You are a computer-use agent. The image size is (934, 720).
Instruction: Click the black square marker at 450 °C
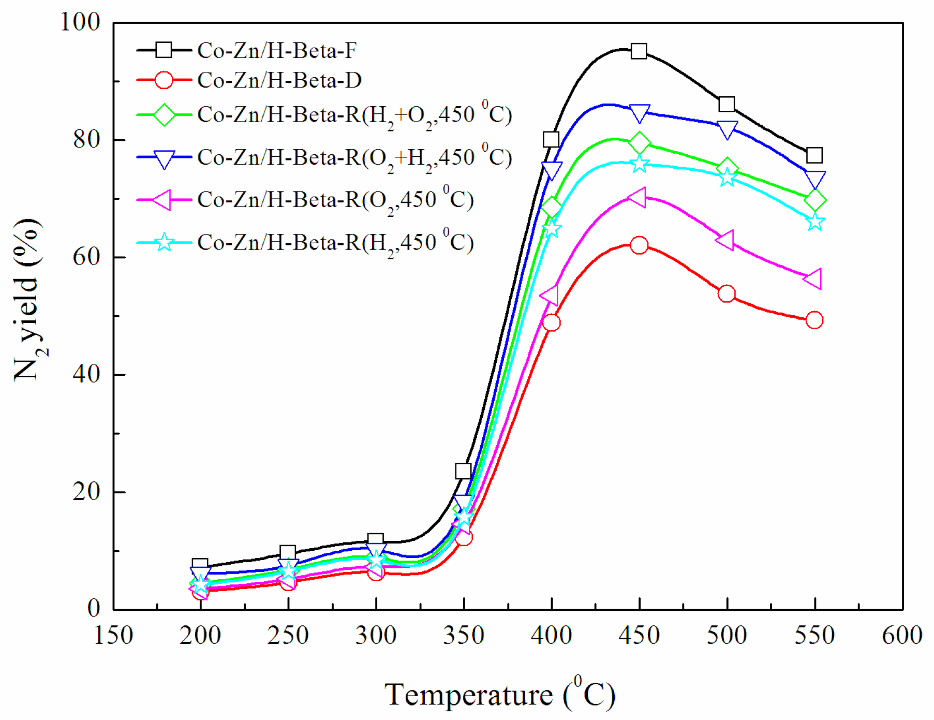(639, 51)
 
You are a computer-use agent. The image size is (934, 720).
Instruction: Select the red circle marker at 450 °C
(639, 245)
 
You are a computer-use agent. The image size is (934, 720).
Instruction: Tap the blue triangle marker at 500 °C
(727, 129)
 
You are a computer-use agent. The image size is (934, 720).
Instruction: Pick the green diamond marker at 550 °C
(815, 200)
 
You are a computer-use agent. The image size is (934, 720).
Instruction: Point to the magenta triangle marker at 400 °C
(550, 295)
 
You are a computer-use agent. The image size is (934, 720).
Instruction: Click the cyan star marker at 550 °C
(815, 222)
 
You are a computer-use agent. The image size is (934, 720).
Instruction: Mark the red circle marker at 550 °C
(814, 320)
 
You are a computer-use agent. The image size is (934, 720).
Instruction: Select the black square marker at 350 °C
(463, 471)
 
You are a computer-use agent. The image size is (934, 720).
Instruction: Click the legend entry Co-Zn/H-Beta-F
(277, 50)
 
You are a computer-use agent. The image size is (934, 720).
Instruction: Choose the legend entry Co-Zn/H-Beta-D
(279, 80)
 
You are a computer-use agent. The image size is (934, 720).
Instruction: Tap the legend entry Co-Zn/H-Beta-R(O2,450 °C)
(335, 200)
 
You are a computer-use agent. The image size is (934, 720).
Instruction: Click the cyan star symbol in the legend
(164, 242)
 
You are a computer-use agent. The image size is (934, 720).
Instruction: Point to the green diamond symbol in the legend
(164, 115)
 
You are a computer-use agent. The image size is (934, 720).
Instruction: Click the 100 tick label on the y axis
(80, 22)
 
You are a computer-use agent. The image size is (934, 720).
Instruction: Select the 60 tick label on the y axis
(86, 257)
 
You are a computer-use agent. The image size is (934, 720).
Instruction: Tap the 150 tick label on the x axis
(113, 635)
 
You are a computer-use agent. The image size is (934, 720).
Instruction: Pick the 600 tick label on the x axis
(902, 635)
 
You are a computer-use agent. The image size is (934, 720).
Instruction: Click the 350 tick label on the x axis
(464, 635)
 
